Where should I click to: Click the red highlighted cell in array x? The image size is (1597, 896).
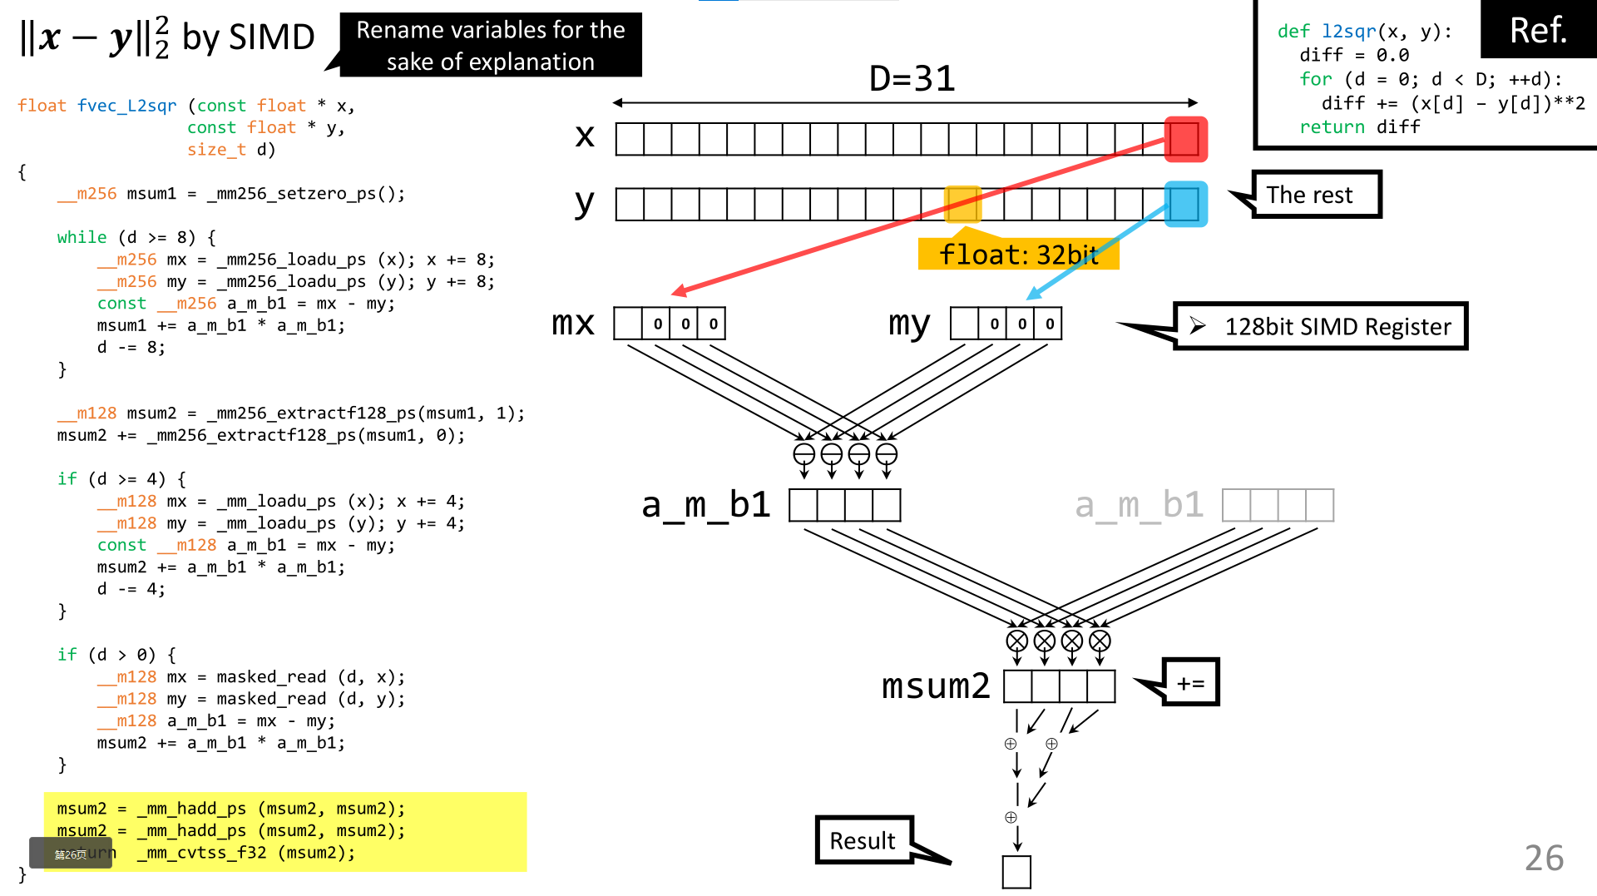pyautogui.click(x=1185, y=139)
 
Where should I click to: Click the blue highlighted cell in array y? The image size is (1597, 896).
pyautogui.click(x=1185, y=204)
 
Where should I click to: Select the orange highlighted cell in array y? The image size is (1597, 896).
pyautogui.click(x=962, y=204)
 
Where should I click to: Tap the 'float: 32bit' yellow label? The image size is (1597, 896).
pyautogui.click(x=1018, y=255)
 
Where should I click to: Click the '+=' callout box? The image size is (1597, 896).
pyautogui.click(x=1190, y=682)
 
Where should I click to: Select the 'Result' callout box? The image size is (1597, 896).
pyautogui.click(x=863, y=840)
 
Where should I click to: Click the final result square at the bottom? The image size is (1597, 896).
pyautogui.click(x=1016, y=872)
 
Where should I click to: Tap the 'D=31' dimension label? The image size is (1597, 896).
pyautogui.click(x=912, y=79)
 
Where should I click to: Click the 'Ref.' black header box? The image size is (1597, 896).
pyautogui.click(x=1538, y=30)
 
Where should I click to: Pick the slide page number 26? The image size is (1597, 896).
pyautogui.click(x=1544, y=858)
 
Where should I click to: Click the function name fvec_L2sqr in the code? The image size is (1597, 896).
pyautogui.click(x=126, y=106)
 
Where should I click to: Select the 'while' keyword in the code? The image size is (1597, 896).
pyautogui.click(x=82, y=237)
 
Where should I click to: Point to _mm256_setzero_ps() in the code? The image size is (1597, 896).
pyautogui.click(x=305, y=194)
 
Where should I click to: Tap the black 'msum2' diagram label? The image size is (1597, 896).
pyautogui.click(x=936, y=686)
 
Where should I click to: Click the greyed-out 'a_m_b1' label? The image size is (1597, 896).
pyautogui.click(x=1139, y=505)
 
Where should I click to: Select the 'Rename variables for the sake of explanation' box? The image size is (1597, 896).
pyautogui.click(x=491, y=45)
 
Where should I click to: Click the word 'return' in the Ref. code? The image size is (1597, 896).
pyautogui.click(x=1332, y=126)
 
